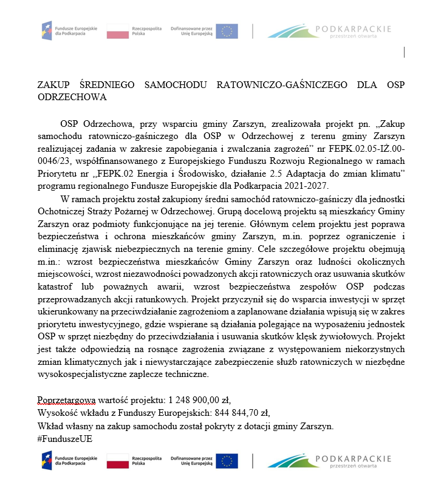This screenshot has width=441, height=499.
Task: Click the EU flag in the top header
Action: (227, 32)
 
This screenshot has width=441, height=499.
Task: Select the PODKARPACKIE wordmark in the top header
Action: (358, 29)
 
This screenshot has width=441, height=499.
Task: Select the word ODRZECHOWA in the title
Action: (72, 97)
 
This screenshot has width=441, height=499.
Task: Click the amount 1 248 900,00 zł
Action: (198, 399)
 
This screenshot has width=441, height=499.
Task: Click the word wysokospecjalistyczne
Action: (83, 375)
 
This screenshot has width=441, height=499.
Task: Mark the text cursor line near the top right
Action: (404, 53)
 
